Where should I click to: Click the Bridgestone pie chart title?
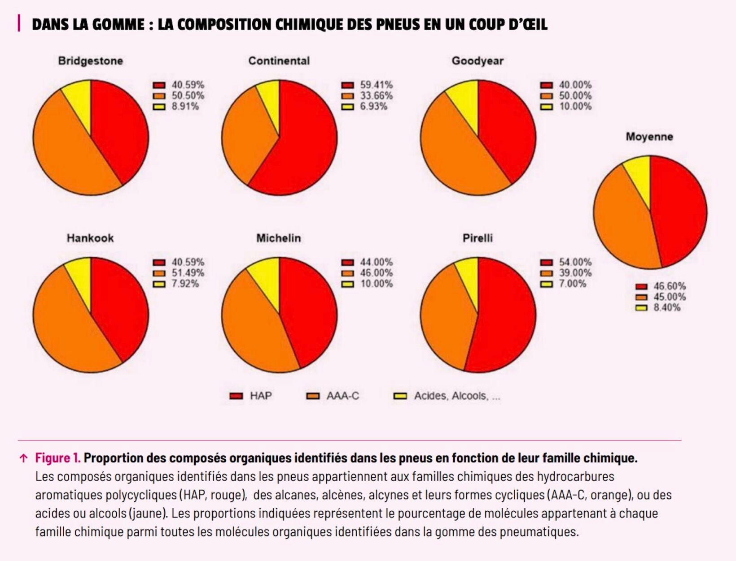[x=90, y=61]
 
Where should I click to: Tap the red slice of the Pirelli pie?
[x=505, y=318]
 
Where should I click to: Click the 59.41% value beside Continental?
[x=376, y=85]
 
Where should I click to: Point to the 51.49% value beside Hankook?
[x=188, y=273]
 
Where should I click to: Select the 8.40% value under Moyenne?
[x=666, y=307]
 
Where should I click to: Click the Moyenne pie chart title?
[x=649, y=137]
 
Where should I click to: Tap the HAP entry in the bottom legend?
[x=260, y=396]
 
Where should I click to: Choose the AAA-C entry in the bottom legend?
[x=342, y=396]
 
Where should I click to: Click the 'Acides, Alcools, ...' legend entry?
[x=456, y=396]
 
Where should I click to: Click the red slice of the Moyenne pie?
[x=678, y=211]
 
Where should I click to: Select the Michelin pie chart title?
[x=278, y=238]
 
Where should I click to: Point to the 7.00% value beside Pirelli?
[x=572, y=284]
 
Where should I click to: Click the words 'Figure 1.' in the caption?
[x=58, y=458]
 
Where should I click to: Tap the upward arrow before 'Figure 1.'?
[x=24, y=458]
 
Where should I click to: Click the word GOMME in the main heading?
[x=118, y=24]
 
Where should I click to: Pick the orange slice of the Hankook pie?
[x=63, y=323]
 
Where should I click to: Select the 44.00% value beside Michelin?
[x=376, y=262]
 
